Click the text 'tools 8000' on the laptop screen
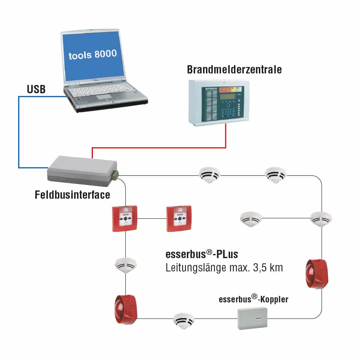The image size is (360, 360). (93, 54)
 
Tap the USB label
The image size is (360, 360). (36, 90)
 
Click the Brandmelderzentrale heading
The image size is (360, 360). (234, 69)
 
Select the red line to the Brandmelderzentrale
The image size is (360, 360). (158, 147)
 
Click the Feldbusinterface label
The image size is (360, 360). (72, 195)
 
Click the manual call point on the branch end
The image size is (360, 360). (179, 218)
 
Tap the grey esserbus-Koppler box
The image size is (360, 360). (252, 318)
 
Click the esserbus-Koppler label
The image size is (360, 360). (253, 299)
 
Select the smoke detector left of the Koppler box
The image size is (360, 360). (183, 320)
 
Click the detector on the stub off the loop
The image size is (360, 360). (251, 218)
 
